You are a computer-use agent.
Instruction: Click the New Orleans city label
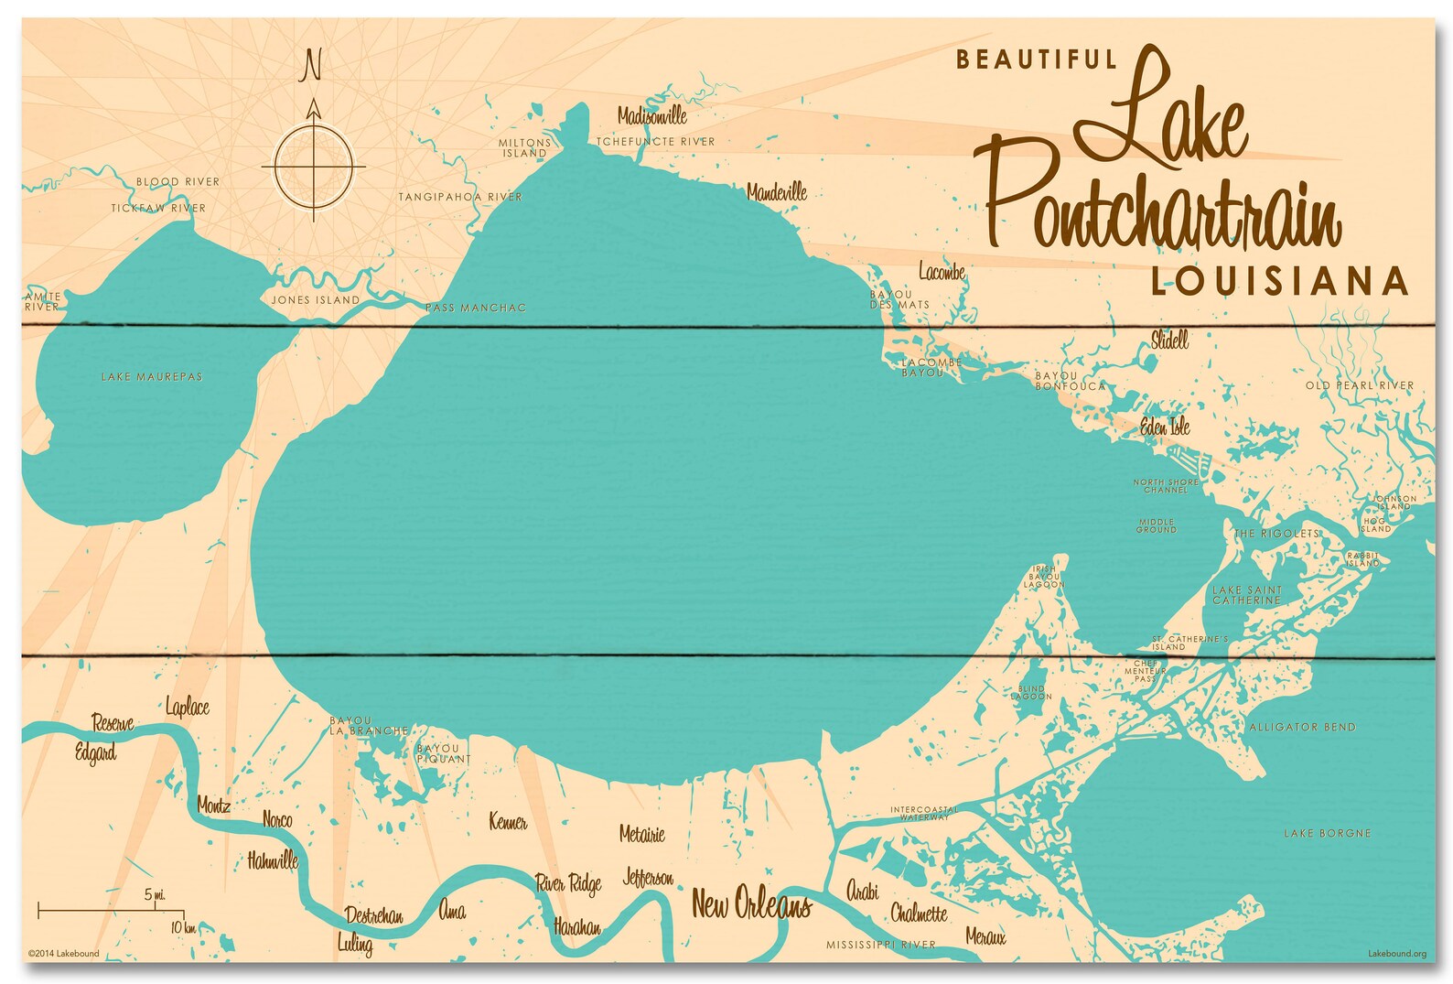coord(750,904)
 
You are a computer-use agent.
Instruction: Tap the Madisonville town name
coord(651,115)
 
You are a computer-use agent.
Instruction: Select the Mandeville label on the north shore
coord(777,192)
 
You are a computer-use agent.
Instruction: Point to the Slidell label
coord(1169,341)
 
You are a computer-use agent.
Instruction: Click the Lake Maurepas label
coord(152,377)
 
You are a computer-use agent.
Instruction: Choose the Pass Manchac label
coord(476,308)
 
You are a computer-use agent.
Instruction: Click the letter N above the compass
coord(312,66)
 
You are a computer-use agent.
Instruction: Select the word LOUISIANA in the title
coord(1279,281)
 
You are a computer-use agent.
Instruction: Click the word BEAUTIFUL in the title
coord(1037,60)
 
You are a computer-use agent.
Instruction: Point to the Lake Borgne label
coord(1327,834)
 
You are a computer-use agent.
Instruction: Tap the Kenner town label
coord(508,821)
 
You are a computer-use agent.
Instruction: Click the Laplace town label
coord(188,707)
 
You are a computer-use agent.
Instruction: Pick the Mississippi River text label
coord(880,945)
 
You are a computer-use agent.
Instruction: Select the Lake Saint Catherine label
coord(1247,595)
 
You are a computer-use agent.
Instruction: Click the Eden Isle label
coord(1165,427)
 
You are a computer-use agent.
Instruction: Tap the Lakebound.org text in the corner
coord(1396,954)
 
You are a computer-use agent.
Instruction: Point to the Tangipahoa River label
coord(460,197)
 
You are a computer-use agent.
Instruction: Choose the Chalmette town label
coord(919,914)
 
